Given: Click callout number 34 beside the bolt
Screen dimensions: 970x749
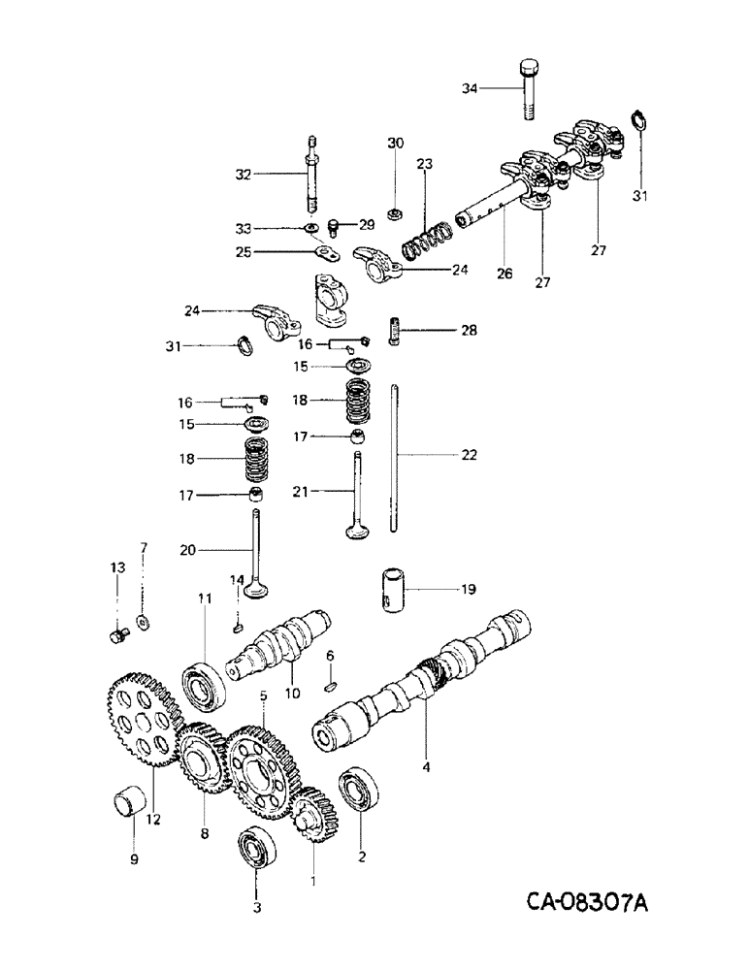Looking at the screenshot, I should pyautogui.click(x=470, y=89).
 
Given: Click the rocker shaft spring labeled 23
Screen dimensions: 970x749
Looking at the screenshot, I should pyautogui.click(x=422, y=242).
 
